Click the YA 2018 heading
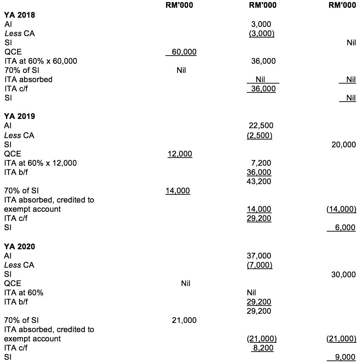click(19, 15)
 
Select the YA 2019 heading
click(19, 116)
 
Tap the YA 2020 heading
click(19, 246)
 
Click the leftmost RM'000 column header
click(179, 5)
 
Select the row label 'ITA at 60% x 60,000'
click(41, 61)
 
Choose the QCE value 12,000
click(180, 154)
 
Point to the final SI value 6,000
click(346, 228)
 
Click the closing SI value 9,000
click(346, 357)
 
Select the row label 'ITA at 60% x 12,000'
click(41, 163)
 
